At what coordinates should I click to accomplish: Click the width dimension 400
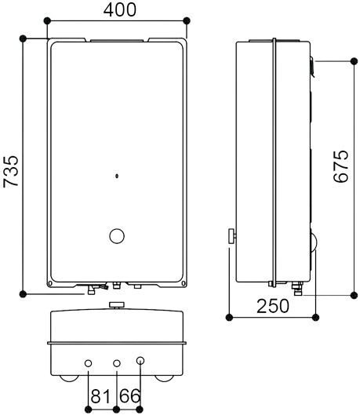tap(119, 9)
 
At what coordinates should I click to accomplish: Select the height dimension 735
tap(11, 171)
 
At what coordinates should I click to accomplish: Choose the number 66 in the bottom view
tap(129, 397)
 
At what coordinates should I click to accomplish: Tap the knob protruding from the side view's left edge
tap(231, 236)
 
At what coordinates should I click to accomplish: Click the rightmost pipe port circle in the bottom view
tap(141, 362)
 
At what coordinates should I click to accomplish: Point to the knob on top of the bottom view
tap(118, 304)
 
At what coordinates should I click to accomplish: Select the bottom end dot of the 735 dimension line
tap(24, 293)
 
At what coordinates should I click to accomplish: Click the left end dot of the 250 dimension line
tap(229, 318)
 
